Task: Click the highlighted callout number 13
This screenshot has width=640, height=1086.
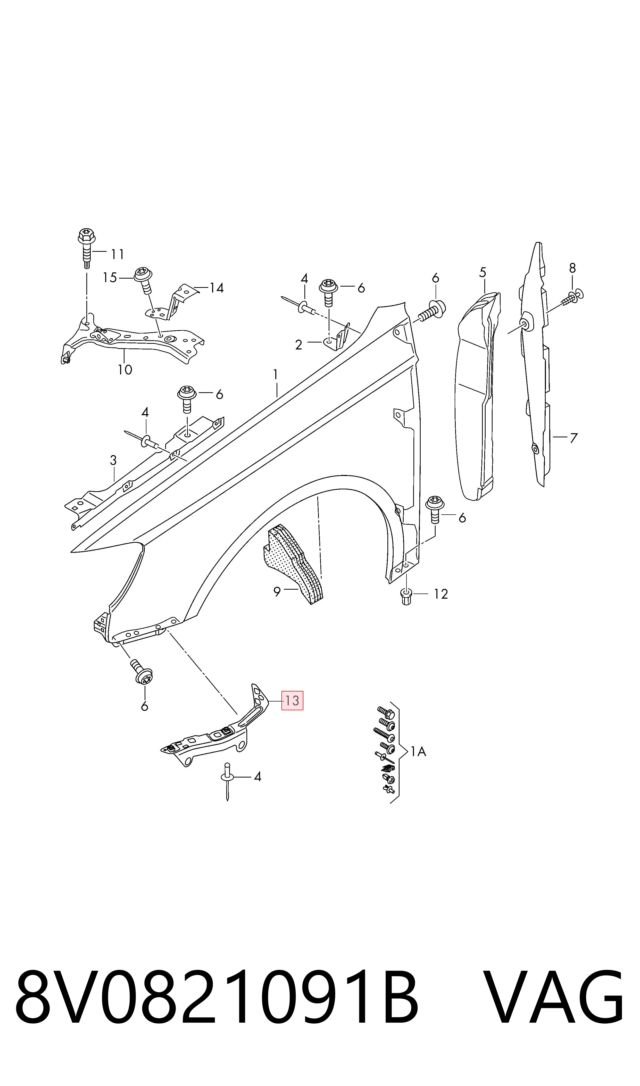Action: coord(292,700)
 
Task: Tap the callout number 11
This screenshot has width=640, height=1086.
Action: coord(117,254)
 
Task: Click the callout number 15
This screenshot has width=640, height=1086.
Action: coord(110,278)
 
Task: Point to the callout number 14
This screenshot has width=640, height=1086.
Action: coord(217,288)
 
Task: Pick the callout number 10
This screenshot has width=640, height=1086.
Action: coord(125,370)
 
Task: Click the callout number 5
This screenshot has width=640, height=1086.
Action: coord(483,272)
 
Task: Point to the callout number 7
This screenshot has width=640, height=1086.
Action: coord(573,438)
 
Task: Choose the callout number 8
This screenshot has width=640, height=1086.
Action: coord(572,268)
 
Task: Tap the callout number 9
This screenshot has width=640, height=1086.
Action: coord(277,592)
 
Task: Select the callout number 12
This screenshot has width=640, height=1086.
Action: coord(441,594)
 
